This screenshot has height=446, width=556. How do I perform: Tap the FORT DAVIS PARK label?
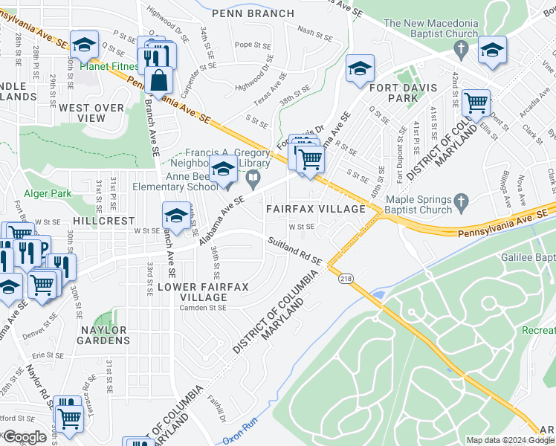coord(395,92)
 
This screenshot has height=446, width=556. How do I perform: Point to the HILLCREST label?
coord(103,222)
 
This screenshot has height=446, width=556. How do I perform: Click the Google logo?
coord(25,437)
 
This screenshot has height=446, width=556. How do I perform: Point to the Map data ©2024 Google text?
coord(510,440)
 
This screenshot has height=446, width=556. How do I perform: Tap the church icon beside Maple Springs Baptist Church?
coord(461,200)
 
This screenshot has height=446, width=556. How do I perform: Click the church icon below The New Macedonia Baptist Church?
coord(461,51)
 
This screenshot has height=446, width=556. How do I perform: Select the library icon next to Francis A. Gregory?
coord(253,177)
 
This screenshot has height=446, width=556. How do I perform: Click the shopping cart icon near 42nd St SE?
coord(476,101)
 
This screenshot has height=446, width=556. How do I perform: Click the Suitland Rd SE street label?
coord(295,249)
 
